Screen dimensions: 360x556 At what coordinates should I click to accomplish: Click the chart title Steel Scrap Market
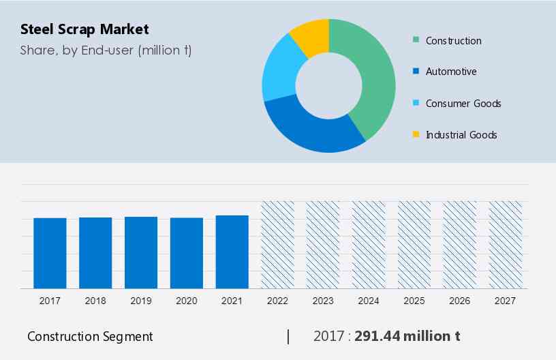[x=84, y=29]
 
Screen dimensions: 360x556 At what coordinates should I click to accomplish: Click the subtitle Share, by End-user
[x=106, y=50]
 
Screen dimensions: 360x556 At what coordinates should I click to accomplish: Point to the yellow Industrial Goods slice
[x=309, y=37]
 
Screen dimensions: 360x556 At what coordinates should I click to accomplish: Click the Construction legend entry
[x=453, y=41]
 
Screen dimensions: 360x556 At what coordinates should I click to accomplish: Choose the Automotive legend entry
[x=450, y=72]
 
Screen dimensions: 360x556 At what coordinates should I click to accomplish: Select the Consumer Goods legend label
[x=463, y=104]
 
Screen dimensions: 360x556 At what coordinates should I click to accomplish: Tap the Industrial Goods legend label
[x=461, y=135]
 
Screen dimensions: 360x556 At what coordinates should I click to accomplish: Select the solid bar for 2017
[x=50, y=253]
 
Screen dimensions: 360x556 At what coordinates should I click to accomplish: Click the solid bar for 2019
[x=141, y=252]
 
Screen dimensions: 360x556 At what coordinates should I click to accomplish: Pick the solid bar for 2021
[x=232, y=252]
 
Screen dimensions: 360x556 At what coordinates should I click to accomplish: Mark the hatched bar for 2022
[x=278, y=245]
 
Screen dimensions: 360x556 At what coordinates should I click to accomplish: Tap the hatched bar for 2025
[x=414, y=245]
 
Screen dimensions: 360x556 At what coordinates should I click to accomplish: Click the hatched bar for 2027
[x=506, y=245]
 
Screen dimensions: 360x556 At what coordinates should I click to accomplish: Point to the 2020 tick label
[x=187, y=301]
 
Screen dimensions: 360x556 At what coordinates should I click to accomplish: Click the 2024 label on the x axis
[x=369, y=301]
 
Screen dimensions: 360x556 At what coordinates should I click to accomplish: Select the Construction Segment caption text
[x=90, y=336]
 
